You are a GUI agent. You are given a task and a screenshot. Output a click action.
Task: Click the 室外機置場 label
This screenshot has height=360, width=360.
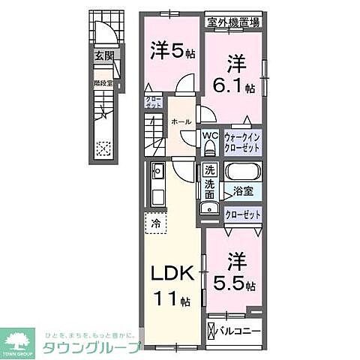(x=234, y=23)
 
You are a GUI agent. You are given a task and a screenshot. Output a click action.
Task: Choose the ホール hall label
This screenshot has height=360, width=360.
(x=180, y=121)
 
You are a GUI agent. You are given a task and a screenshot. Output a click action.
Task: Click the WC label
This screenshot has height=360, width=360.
(x=209, y=136)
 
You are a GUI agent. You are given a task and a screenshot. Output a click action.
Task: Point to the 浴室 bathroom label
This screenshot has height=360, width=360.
(x=242, y=192)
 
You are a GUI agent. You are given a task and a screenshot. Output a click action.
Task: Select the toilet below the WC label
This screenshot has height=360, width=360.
(x=209, y=150)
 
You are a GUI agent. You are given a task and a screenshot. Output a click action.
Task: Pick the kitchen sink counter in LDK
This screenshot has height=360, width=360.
(x=157, y=184)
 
